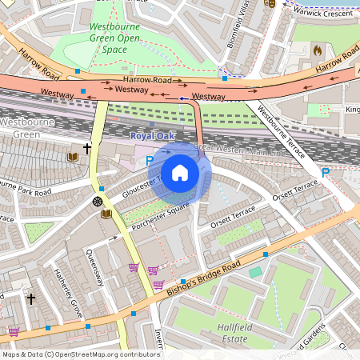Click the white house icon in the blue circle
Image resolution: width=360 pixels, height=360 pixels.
coord(180,173)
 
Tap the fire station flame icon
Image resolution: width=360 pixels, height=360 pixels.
coord(318,50)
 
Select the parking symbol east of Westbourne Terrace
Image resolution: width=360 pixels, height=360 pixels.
coord(325,172)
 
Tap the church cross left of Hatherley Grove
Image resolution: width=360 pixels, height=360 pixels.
coord(31,299)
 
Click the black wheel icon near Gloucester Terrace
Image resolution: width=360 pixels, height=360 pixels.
coord(98,201)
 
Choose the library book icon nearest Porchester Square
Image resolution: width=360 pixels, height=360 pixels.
coord(106,214)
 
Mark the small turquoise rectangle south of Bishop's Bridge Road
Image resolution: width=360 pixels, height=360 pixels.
coord(255,273)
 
